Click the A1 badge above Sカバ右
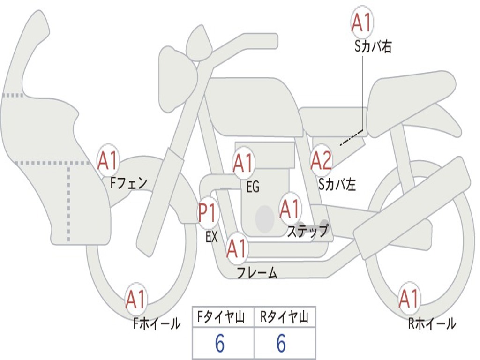coord(362,22)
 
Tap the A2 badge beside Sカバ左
coord(322,161)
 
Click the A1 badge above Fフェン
coord(108,161)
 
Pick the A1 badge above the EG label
coord(243,163)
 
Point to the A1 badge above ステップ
coord(290,209)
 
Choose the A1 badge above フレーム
coord(237,248)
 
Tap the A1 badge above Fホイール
coord(136,299)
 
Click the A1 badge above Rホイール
coord(409,299)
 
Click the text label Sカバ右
coord(373,47)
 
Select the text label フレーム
coord(257,272)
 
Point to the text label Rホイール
coord(432,323)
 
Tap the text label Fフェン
coord(129,182)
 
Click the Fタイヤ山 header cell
coord(223,318)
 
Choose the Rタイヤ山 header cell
coord(285,318)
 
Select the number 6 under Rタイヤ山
coord(281,344)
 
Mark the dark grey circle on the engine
coord(265,218)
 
